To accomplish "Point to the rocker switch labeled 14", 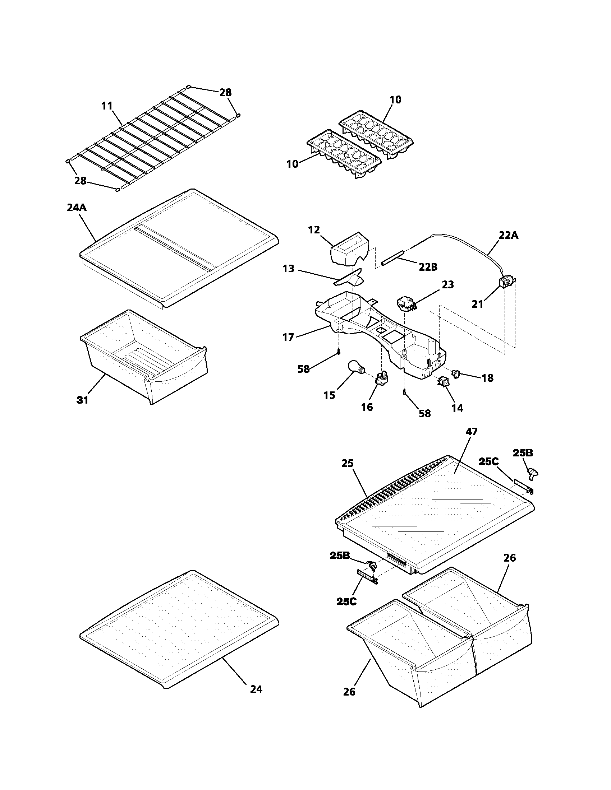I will [x=443, y=382].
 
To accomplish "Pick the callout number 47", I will [x=471, y=432].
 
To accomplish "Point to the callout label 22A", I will [x=509, y=235].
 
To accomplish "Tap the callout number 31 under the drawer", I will [x=83, y=400].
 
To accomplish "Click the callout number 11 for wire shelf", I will [x=107, y=106].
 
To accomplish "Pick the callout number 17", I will [x=288, y=338].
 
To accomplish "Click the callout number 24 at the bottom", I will [x=256, y=689].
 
